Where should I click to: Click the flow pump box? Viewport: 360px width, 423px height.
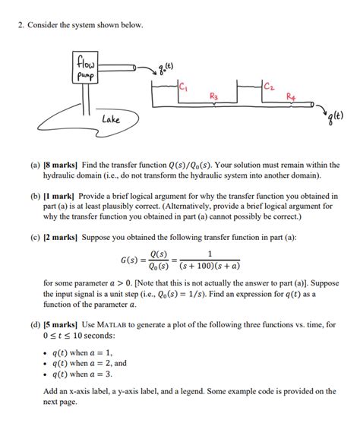85,68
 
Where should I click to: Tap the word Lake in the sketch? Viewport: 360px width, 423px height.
111,119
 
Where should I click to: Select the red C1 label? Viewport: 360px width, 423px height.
183,87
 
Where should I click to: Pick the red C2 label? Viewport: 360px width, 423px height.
269,86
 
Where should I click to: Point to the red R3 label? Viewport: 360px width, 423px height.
214,96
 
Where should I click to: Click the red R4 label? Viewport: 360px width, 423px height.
291,96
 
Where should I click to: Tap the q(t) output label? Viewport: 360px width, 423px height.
336,118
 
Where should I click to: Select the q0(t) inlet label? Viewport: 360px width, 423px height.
166,68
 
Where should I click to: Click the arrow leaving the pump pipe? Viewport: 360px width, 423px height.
147,69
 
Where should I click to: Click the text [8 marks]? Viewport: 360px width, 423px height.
61,165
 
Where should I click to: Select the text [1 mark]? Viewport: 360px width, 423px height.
58,196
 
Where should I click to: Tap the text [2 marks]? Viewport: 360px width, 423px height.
61,238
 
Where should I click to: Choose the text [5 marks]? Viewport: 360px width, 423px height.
61,324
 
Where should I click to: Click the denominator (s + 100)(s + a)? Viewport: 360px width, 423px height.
210,266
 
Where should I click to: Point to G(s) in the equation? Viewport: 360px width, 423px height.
130,260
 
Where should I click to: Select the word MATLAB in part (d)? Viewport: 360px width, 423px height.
112,324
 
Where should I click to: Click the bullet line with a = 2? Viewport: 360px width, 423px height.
90,363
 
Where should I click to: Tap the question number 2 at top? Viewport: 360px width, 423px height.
21,25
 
